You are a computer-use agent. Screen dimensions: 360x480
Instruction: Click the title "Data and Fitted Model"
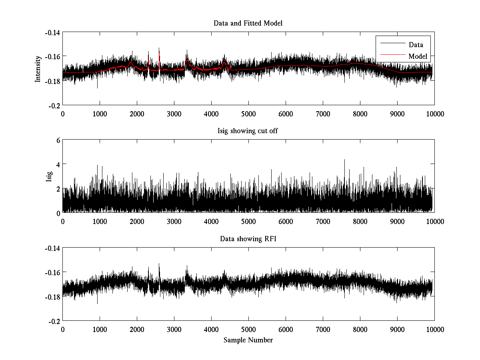(248, 23)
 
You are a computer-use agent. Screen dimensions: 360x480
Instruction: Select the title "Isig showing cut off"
(248, 131)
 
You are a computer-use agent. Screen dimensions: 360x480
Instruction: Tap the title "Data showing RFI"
(248, 239)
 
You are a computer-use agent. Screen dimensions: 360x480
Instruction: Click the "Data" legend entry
(416, 45)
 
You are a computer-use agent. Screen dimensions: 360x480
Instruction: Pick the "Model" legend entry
(418, 56)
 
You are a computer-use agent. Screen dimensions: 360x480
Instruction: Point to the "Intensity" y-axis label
(38, 68)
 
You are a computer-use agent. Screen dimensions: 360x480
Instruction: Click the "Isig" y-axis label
(49, 176)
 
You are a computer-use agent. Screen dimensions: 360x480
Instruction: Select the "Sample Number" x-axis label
(248, 340)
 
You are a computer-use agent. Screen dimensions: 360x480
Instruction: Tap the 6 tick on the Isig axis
(58, 140)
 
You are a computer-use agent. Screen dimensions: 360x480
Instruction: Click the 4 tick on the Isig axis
(58, 164)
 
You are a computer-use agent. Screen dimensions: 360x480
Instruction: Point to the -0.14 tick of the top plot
(52, 32)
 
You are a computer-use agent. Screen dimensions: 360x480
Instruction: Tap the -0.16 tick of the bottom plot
(52, 272)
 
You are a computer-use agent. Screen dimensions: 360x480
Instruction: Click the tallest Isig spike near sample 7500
(344, 160)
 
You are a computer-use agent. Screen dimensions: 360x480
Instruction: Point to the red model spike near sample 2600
(159, 53)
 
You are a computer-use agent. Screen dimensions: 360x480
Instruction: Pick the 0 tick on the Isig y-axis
(58, 213)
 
